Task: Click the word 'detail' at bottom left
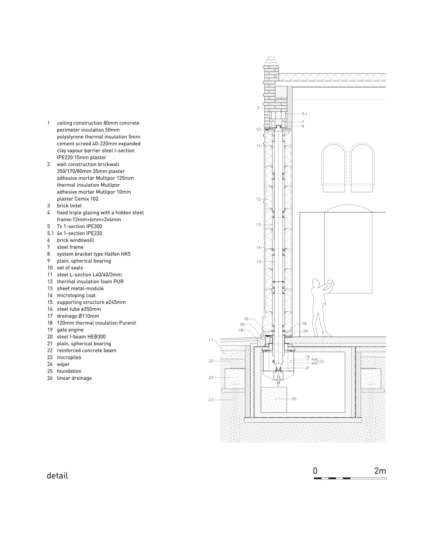57,476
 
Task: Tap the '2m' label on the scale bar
380,471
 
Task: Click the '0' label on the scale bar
315,471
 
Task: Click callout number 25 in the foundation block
294,399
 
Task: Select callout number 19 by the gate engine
307,357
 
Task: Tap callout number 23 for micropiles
211,400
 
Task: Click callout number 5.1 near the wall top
305,114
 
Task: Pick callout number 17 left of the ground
211,340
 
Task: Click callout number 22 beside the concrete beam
211,378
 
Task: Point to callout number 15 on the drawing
258,262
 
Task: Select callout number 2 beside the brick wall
258,108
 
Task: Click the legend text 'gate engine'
70,330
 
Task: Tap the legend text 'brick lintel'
69,206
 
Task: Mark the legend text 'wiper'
63,364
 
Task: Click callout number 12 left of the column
258,199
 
